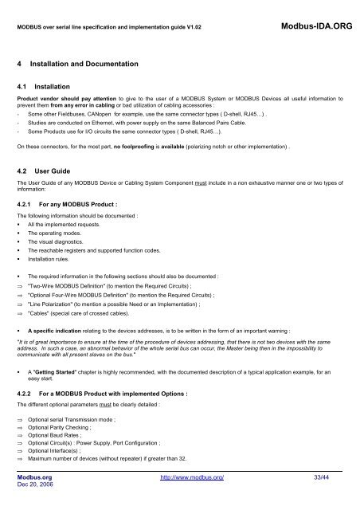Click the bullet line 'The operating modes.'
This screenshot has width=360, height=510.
click(x=55, y=237)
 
